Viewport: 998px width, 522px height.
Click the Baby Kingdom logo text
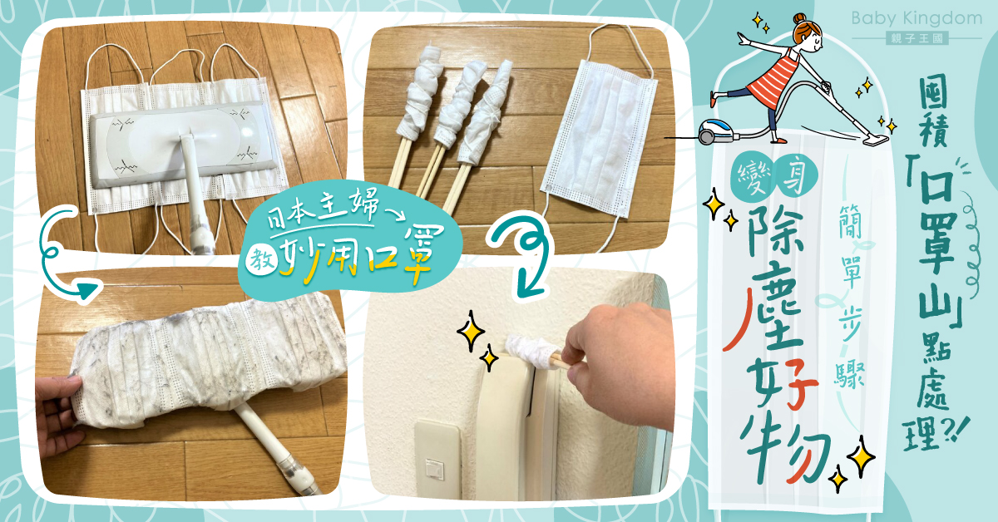pyautogui.click(x=916, y=19)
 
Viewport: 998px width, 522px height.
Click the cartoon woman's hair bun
pyautogui.click(x=798, y=19)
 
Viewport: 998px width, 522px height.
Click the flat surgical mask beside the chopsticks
pyautogui.click(x=600, y=138)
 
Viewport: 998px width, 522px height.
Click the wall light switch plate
pyautogui.click(x=437, y=459)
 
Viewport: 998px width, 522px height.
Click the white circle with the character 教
pyautogui.click(x=261, y=260)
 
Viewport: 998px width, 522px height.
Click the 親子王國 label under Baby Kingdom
pyautogui.click(x=916, y=38)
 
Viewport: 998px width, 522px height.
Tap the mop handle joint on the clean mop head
pyautogui.click(x=186, y=141)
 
